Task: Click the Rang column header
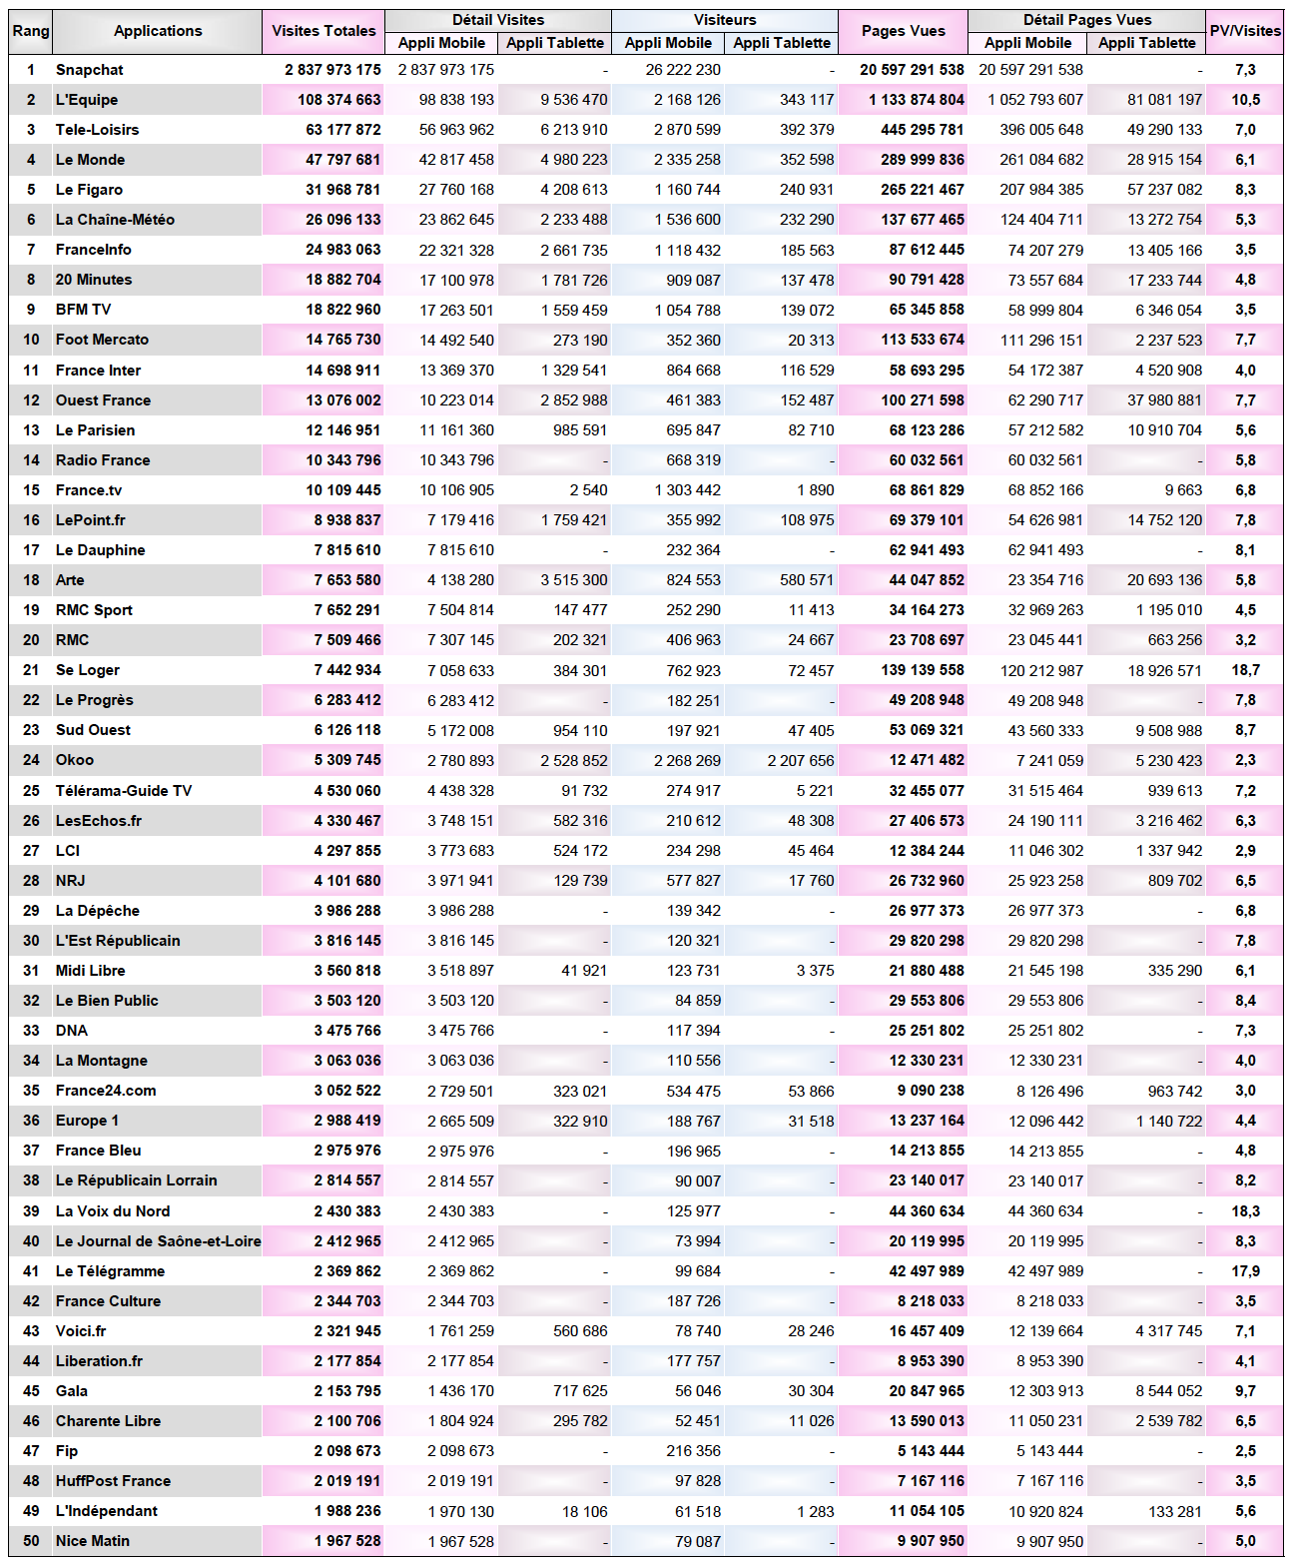(31, 31)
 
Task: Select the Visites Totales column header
(323, 31)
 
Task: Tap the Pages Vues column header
(903, 31)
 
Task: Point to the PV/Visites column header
(1245, 31)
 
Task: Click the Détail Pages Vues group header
(1086, 20)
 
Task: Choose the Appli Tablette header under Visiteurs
(781, 43)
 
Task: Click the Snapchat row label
(90, 70)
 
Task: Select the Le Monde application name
(90, 160)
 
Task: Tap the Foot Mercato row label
(102, 340)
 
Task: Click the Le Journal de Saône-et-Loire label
(158, 1241)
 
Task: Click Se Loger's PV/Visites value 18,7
(1245, 670)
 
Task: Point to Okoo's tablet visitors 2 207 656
(800, 760)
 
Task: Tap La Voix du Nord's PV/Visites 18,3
(1245, 1211)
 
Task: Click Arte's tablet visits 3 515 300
(573, 580)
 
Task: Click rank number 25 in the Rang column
(31, 791)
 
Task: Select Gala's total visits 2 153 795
(346, 1391)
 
